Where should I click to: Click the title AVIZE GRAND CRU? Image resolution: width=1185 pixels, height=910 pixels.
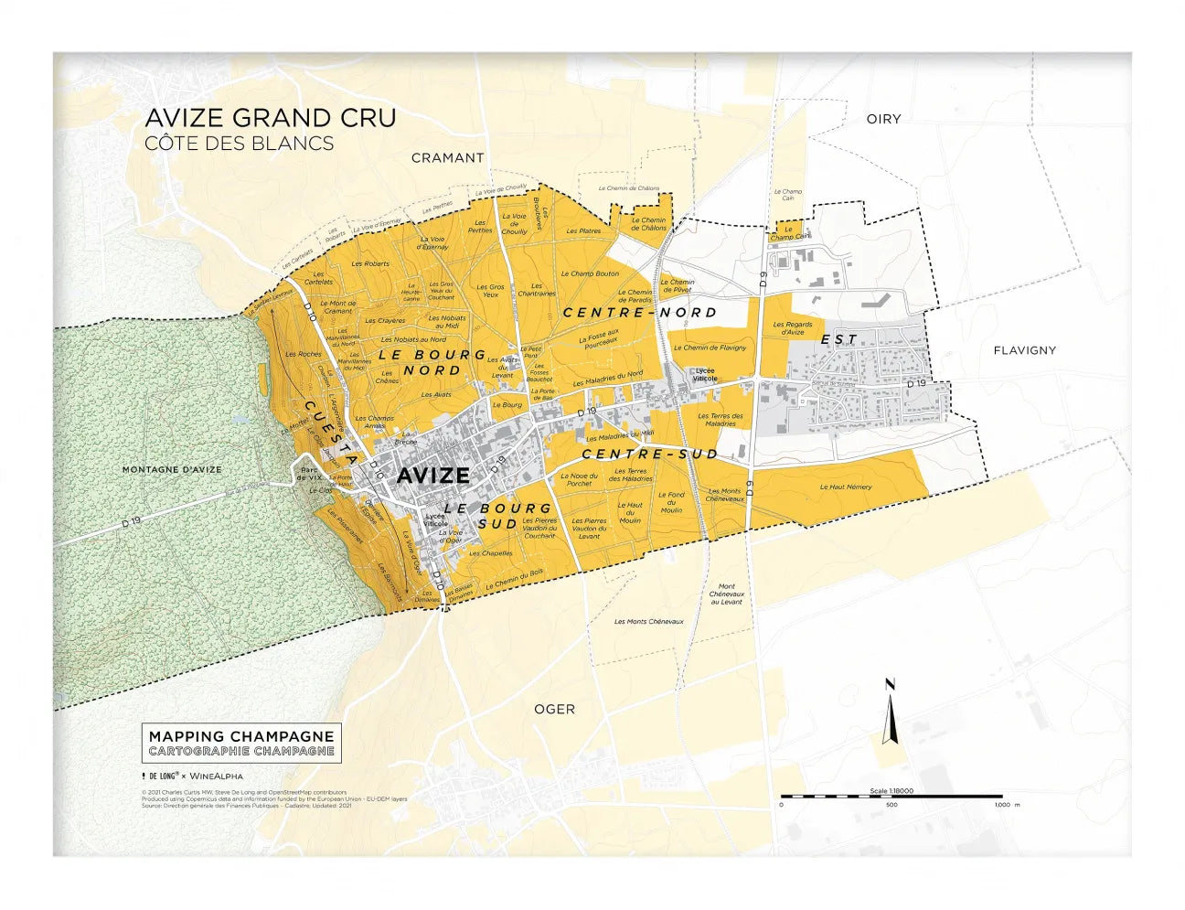tap(271, 118)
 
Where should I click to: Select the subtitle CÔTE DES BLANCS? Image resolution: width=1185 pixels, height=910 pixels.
tap(239, 144)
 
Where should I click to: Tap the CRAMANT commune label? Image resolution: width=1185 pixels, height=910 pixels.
tap(447, 157)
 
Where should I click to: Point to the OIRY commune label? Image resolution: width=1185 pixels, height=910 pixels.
tap(883, 119)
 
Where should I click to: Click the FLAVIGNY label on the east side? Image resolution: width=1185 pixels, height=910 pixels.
tap(1024, 350)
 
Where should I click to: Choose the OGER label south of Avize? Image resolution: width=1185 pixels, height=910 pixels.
tap(554, 709)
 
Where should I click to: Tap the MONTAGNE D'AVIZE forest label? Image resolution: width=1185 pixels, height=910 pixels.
tap(172, 469)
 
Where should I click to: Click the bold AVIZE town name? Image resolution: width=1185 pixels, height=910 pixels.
tap(432, 476)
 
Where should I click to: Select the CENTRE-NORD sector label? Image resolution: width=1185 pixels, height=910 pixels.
tap(639, 312)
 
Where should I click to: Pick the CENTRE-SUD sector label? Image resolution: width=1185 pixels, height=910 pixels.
tap(649, 454)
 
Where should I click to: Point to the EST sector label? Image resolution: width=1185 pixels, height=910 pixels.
tap(838, 339)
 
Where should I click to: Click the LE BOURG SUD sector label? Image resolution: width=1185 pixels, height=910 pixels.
tap(498, 516)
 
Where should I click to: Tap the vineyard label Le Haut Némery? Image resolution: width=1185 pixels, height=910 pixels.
tap(845, 487)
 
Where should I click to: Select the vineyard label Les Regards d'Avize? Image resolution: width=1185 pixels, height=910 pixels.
tap(792, 328)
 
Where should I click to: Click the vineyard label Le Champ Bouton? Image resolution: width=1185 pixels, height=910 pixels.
tap(590, 273)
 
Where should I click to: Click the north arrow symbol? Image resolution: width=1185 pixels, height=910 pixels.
tap(889, 713)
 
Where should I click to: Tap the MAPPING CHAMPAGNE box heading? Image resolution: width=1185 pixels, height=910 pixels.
tap(241, 736)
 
